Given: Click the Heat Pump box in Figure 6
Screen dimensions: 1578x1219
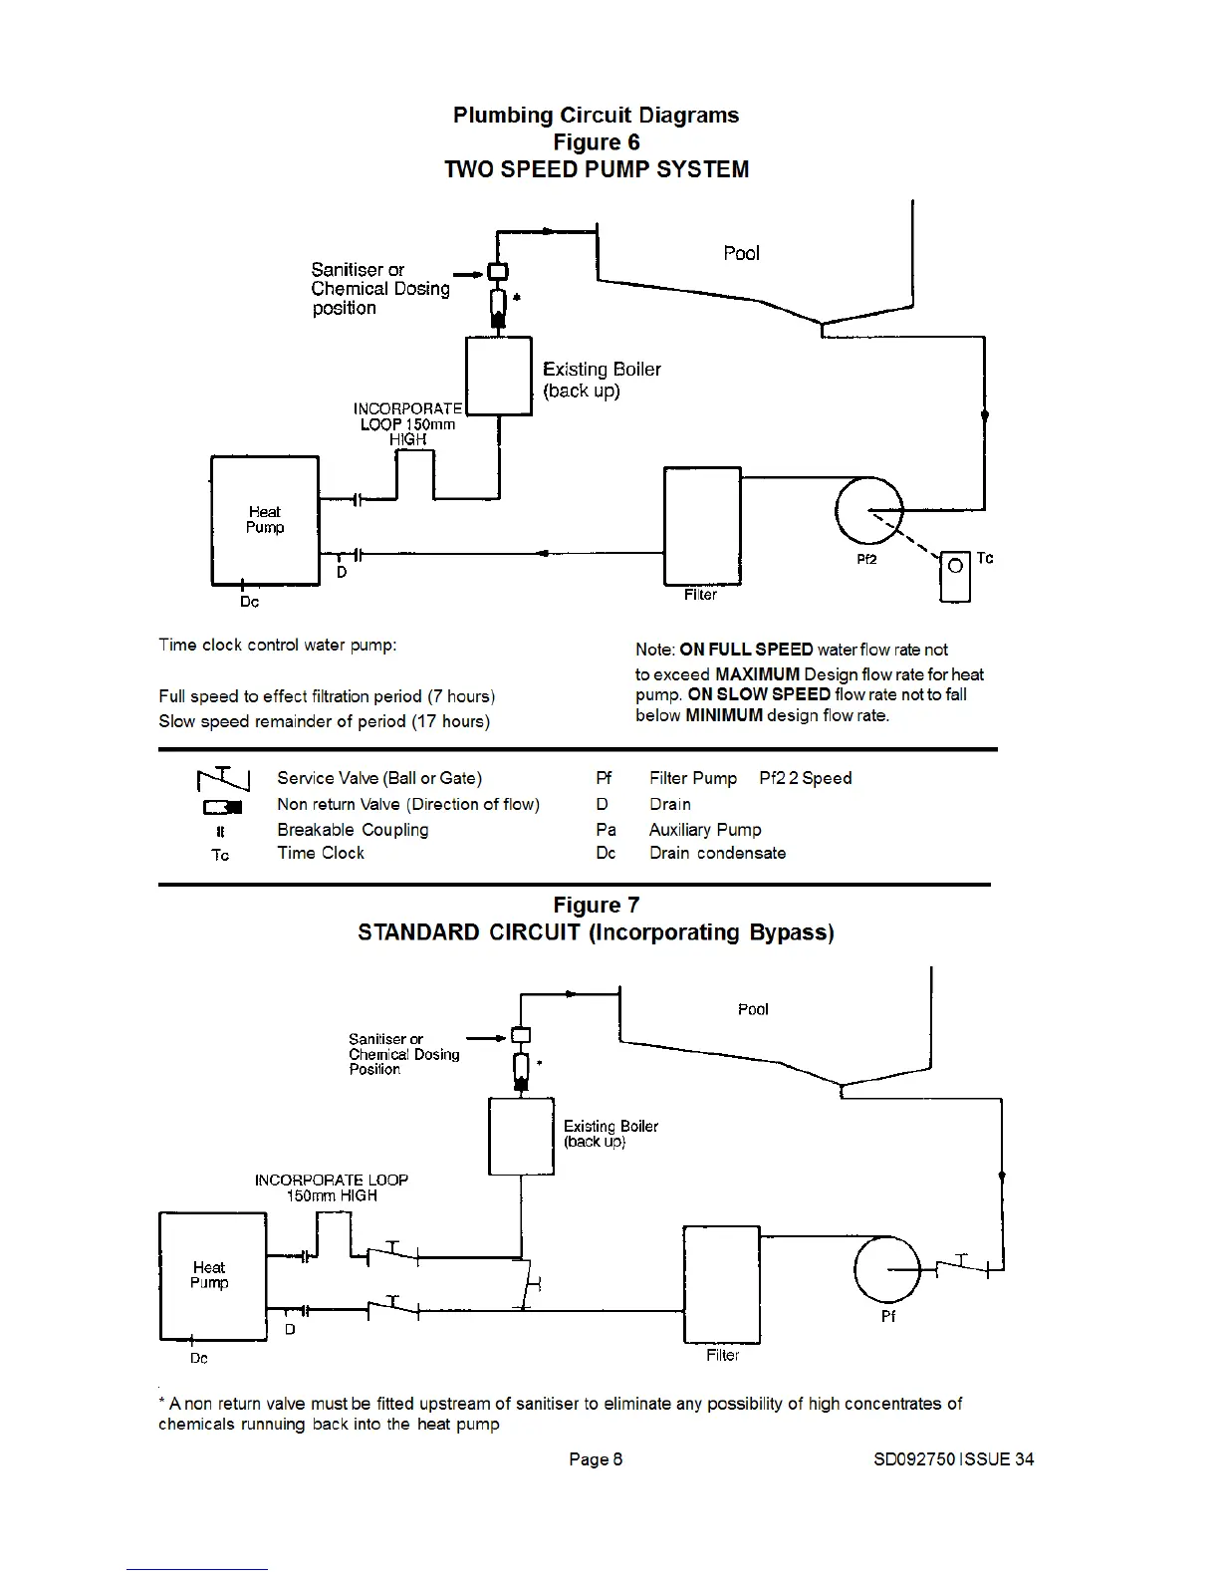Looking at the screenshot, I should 265,520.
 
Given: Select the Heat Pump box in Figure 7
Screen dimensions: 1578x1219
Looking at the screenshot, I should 212,1275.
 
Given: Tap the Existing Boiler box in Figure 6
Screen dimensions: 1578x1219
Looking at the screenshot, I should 498,376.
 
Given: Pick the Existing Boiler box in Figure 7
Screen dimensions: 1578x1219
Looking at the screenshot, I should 521,1137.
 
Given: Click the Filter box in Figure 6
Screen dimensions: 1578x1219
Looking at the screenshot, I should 702,526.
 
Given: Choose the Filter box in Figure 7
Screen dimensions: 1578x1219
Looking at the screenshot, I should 722,1284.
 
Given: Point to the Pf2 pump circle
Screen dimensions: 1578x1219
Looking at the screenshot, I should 868,509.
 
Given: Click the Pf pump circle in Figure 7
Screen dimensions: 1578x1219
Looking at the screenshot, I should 888,1268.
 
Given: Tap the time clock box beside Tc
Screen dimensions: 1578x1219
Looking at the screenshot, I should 955,576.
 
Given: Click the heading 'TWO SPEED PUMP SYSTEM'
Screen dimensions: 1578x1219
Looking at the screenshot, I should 596,169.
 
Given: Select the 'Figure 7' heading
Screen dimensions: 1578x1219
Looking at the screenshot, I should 596,906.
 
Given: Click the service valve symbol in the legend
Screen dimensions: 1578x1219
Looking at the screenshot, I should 223,778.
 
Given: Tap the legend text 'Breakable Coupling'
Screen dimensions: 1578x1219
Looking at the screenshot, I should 353,830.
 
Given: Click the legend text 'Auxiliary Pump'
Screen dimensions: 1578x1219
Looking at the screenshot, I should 704,830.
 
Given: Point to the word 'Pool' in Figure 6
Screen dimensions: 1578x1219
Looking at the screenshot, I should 741,253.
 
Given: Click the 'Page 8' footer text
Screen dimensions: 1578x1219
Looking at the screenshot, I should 596,1459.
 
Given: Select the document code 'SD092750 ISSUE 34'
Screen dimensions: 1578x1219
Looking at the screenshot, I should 953,1459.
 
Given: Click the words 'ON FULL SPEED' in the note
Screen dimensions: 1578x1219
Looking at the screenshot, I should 746,650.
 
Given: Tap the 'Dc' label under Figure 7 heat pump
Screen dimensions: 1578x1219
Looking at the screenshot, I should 199,1359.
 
